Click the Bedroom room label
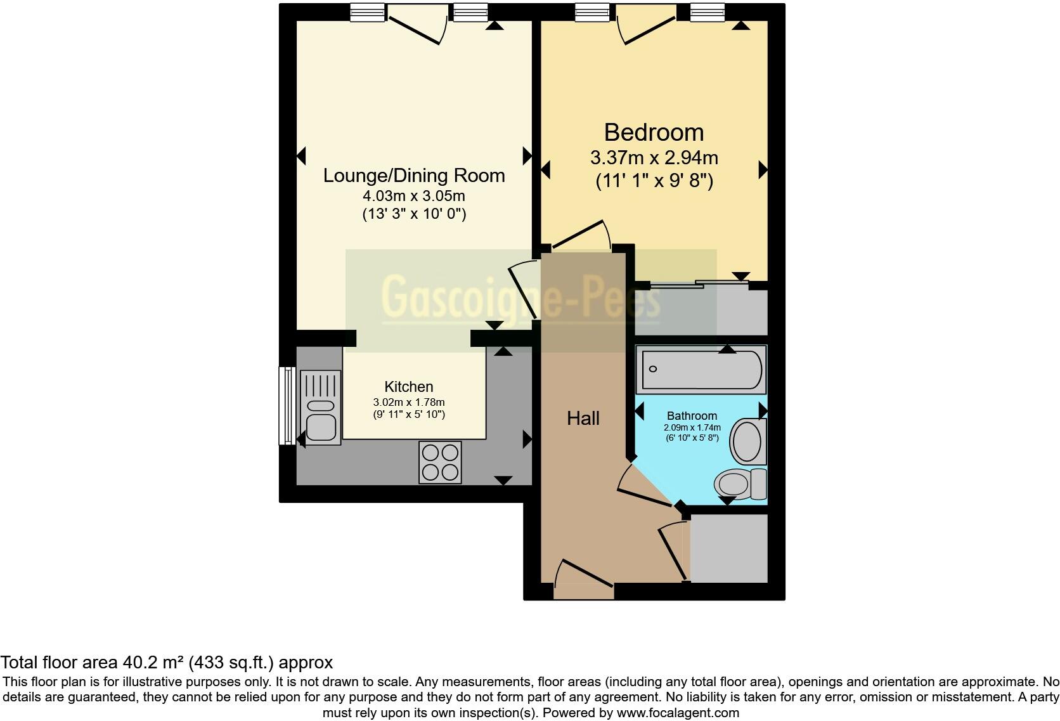pyautogui.click(x=654, y=133)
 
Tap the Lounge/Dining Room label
pyautogui.click(x=414, y=176)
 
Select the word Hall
pyautogui.click(x=583, y=418)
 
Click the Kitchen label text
pyautogui.click(x=409, y=387)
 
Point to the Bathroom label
pyautogui.click(x=692, y=415)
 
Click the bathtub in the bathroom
pyautogui.click(x=701, y=369)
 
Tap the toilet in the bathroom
pyautogui.click(x=740, y=484)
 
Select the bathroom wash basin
pyautogui.click(x=747, y=441)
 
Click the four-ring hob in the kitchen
pyautogui.click(x=440, y=462)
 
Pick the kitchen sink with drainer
pyautogui.click(x=321, y=408)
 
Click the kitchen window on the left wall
pyautogui.click(x=287, y=406)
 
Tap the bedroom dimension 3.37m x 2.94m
pyautogui.click(x=654, y=158)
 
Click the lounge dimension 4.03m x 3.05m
pyautogui.click(x=414, y=196)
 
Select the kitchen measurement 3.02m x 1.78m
pyautogui.click(x=409, y=403)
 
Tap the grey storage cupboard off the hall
pyautogui.click(x=729, y=549)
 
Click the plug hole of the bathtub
pyautogui.click(x=653, y=369)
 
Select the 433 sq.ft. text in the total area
pyautogui.click(x=231, y=663)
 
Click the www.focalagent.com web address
pyautogui.click(x=678, y=713)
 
